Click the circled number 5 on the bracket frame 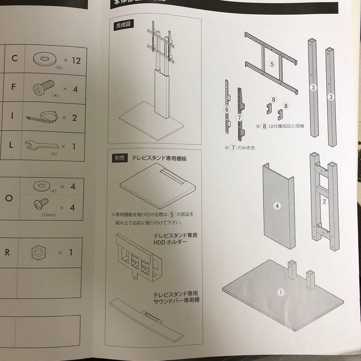point(272,64)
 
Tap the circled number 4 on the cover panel point(277,206)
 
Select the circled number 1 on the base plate point(281,292)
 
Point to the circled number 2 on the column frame point(324,201)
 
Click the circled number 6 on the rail point(227,109)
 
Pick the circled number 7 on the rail point(239,117)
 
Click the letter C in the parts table point(14,58)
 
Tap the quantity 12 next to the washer point(76,61)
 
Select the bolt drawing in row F point(43,88)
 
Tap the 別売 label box point(119,158)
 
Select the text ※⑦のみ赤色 point(240,147)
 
